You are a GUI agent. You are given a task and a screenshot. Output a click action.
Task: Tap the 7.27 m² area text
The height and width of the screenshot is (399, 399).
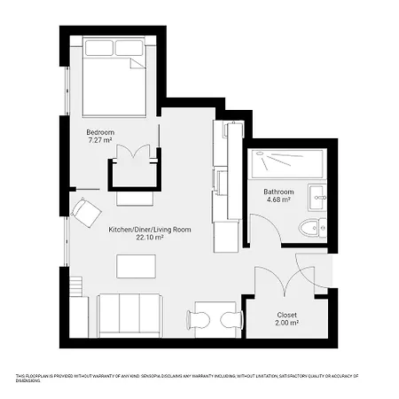pyautogui.click(x=98, y=140)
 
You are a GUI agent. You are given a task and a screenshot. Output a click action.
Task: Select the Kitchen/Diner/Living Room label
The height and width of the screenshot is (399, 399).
pyautogui.click(x=150, y=229)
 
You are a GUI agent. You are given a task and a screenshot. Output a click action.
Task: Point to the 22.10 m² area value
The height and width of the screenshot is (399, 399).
pyautogui.click(x=150, y=238)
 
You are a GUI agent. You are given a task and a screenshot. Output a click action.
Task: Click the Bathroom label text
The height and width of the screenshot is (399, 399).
pyautogui.click(x=278, y=192)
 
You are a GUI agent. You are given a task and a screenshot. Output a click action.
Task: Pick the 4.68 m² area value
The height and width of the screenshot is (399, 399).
pyautogui.click(x=278, y=200)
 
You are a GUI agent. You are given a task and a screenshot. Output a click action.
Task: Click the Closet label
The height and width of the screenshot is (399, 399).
pyautogui.click(x=286, y=315)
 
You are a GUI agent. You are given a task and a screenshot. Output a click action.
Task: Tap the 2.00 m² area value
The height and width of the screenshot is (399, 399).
pyautogui.click(x=286, y=324)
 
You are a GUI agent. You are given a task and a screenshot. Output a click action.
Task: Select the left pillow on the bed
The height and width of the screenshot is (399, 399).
pyautogui.click(x=98, y=47)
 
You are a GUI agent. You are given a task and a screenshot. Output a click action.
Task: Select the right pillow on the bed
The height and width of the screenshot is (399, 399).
pyautogui.click(x=129, y=47)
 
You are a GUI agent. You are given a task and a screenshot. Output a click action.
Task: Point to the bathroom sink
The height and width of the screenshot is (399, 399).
pyautogui.click(x=317, y=196)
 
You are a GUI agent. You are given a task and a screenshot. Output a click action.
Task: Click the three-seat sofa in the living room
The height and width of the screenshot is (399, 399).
pyautogui.click(x=129, y=314)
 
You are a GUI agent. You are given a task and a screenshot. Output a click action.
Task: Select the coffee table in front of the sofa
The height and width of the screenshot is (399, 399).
pyautogui.click(x=136, y=266)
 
